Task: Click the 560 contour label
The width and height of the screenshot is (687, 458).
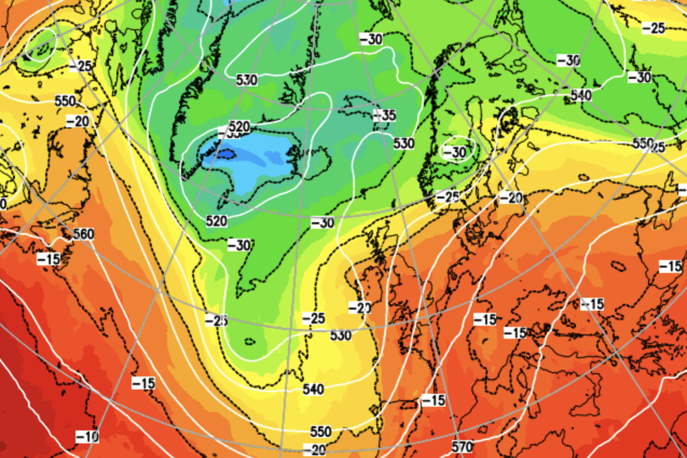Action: [x=84, y=234]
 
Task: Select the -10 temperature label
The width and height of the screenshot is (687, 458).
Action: [x=87, y=437]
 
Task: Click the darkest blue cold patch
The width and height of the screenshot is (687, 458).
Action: [x=223, y=153]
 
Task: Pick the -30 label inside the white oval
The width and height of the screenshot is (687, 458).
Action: [x=456, y=152]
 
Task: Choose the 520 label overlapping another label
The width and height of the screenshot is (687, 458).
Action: [x=239, y=127]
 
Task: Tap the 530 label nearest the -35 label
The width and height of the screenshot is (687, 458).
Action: [x=404, y=143]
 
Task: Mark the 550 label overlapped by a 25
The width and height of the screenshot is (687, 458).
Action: [x=643, y=143]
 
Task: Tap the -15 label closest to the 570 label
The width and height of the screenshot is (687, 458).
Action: [x=433, y=400]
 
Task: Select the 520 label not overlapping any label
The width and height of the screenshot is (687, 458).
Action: [x=217, y=220]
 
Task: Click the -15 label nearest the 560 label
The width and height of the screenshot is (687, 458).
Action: [x=49, y=259]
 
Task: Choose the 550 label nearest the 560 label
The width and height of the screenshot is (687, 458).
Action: [x=65, y=101]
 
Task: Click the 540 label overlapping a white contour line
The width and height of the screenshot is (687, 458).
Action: [x=581, y=95]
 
